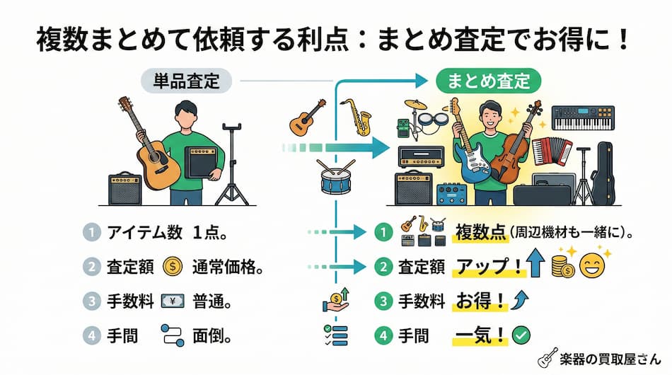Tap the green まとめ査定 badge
pyautogui.click(x=488, y=81)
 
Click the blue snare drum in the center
pyautogui.click(x=335, y=178)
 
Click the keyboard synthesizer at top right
pyautogui.click(x=582, y=118)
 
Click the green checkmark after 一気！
pyautogui.click(x=521, y=333)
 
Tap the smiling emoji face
pyautogui.click(x=590, y=266)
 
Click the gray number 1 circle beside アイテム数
pyautogui.click(x=91, y=232)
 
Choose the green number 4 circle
pyautogui.click(x=382, y=333)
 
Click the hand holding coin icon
pyautogui.click(x=335, y=299)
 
